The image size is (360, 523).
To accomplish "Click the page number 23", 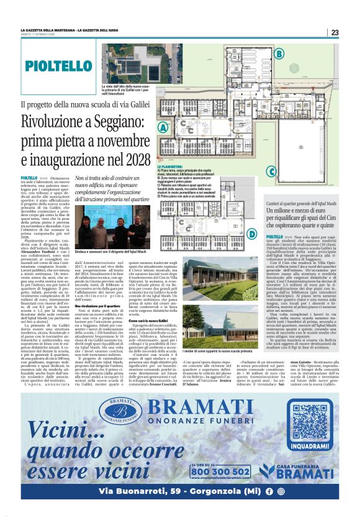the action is click(x=335, y=32).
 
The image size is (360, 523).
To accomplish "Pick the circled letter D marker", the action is click(x=235, y=234).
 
